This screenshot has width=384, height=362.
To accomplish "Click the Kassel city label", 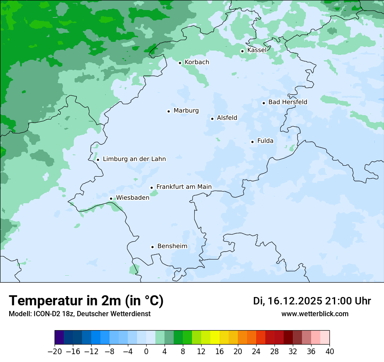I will point(257,50).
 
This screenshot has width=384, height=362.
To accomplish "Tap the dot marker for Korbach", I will point(180,63).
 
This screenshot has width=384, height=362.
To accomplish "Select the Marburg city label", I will point(186,111).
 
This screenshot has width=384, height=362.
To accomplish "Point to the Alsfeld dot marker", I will point(213,119).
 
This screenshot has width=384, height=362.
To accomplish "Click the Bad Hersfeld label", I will point(288,102).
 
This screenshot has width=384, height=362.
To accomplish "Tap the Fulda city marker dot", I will point(252,142).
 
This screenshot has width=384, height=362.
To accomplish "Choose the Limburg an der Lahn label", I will point(134,159).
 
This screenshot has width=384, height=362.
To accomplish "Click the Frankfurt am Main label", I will point(184,187).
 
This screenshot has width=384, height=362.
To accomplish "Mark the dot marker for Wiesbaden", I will point(111,199).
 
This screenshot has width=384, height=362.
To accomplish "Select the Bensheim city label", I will point(172,246).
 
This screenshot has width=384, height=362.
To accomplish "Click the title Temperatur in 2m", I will point(86,301).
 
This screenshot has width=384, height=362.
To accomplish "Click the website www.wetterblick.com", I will point(315,314).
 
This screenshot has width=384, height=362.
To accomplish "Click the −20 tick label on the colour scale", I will point(55,352).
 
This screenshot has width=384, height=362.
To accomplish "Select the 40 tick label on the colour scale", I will point(329,352).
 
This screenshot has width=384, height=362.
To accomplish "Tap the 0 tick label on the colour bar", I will point(146,352).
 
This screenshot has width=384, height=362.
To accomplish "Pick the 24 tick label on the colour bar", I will point(256,352).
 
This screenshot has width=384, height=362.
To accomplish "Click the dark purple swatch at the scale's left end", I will point(59,338).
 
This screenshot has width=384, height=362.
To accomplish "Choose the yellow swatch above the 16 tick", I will point(215,338).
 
